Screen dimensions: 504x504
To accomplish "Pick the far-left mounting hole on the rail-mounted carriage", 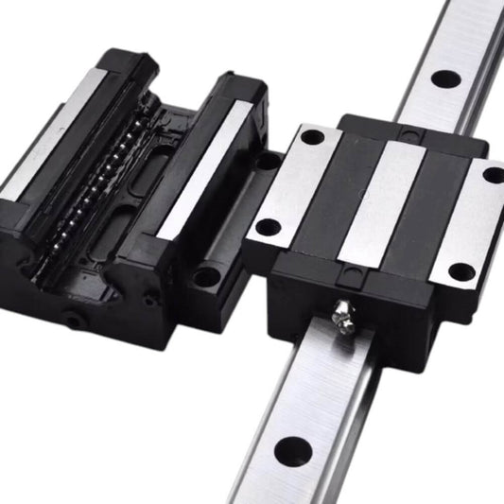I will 309,138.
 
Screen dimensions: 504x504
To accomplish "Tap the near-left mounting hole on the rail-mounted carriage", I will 269,227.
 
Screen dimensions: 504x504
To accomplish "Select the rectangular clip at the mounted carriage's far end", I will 409,127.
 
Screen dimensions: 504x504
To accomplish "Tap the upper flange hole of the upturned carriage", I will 268,162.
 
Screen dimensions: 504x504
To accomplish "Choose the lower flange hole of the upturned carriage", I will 204,276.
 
